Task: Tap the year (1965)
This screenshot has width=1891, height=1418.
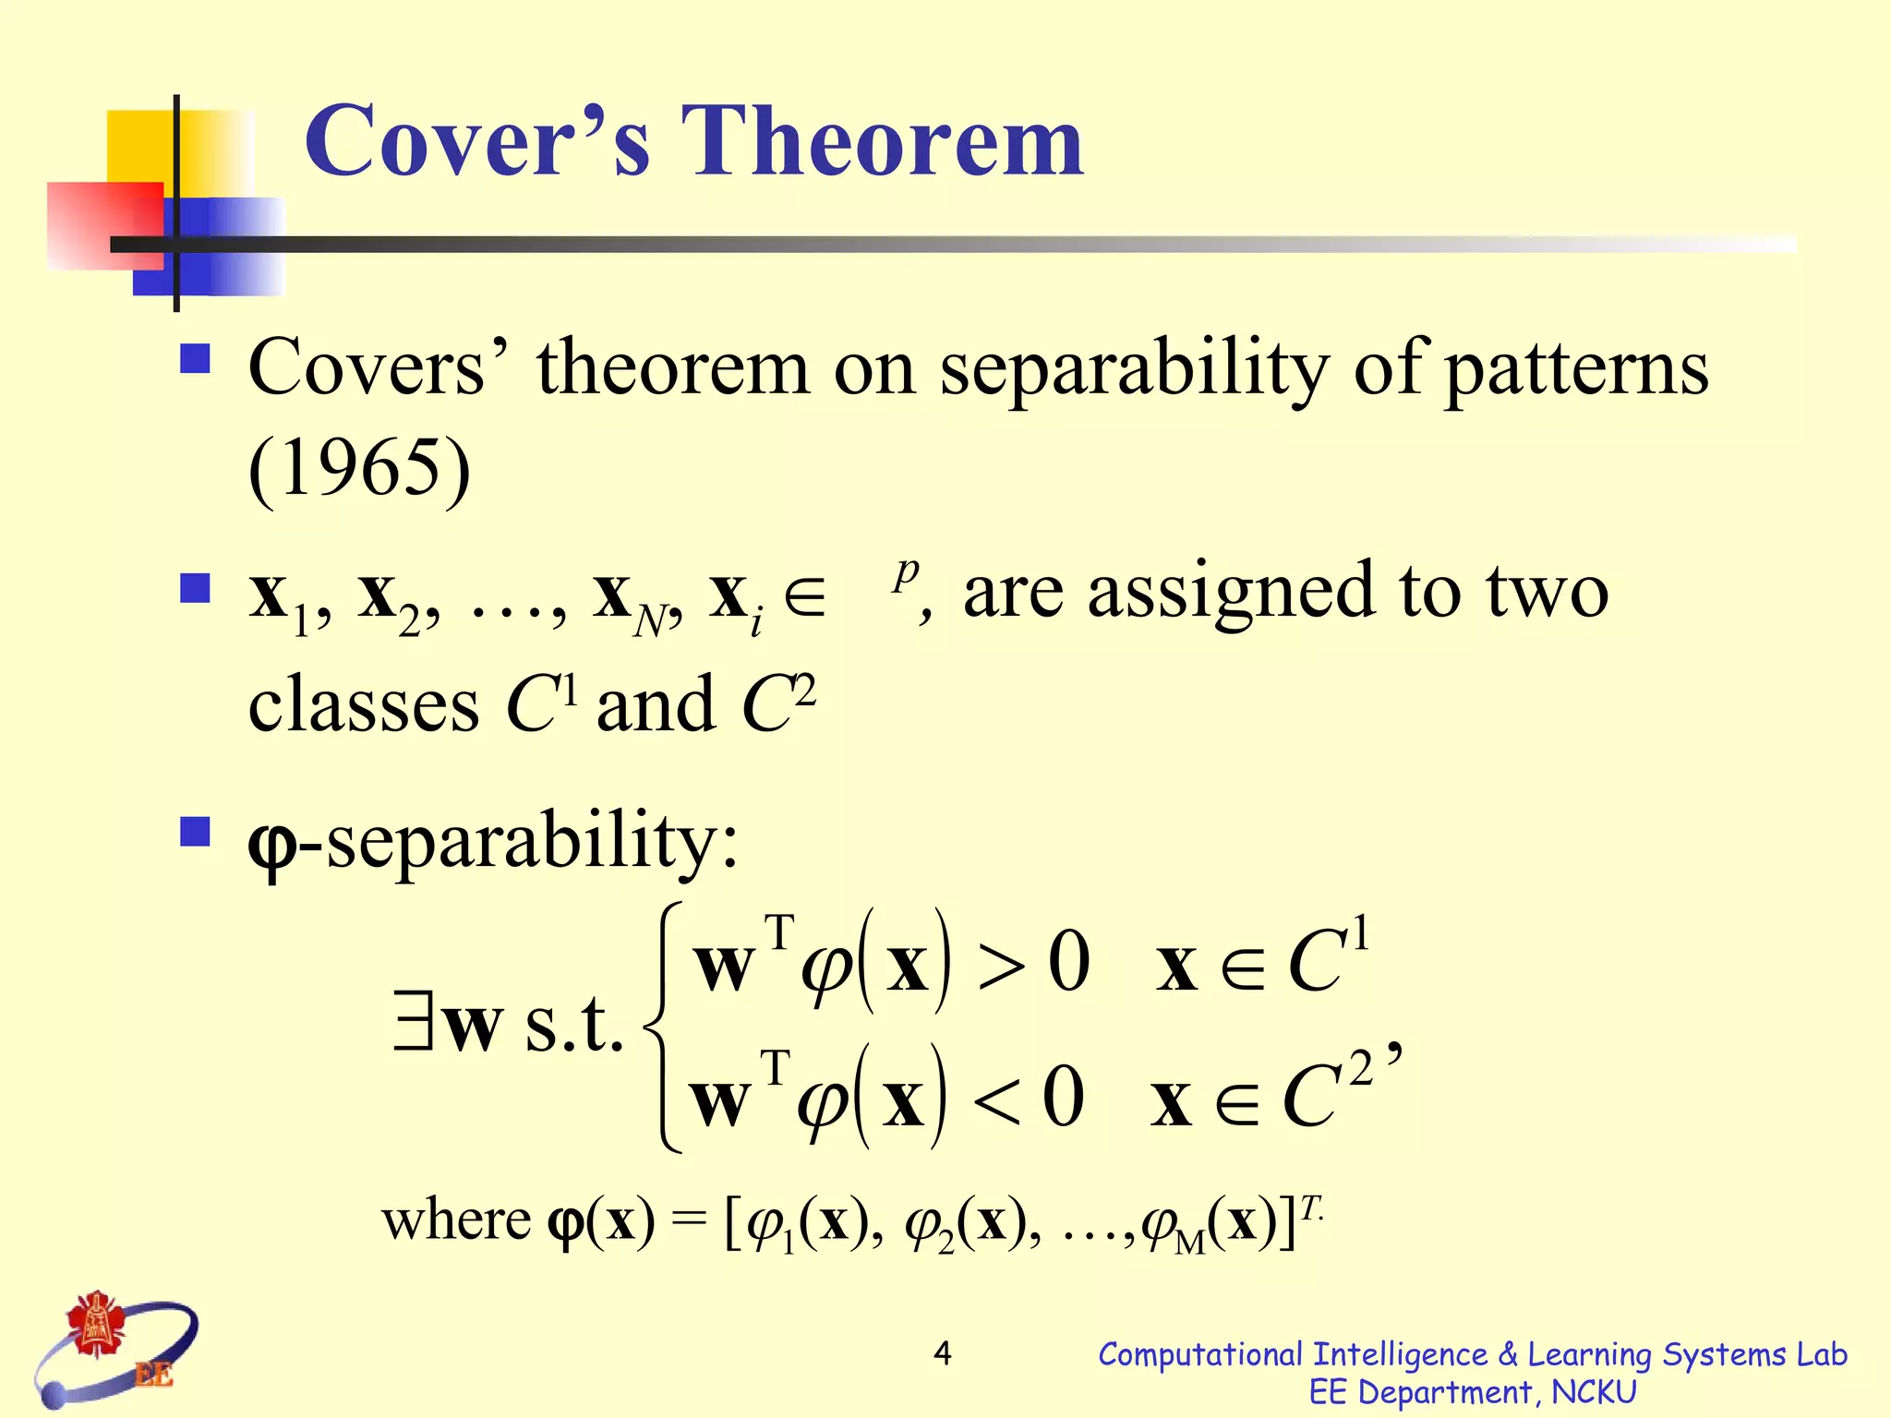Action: (359, 468)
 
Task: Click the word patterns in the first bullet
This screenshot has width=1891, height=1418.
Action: (1575, 369)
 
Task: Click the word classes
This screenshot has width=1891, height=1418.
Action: (363, 705)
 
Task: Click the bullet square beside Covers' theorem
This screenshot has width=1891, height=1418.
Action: (195, 358)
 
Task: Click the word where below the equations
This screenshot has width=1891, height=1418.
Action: (456, 1220)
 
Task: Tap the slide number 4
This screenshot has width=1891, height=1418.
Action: (942, 1353)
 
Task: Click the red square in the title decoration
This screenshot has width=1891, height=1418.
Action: (103, 226)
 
